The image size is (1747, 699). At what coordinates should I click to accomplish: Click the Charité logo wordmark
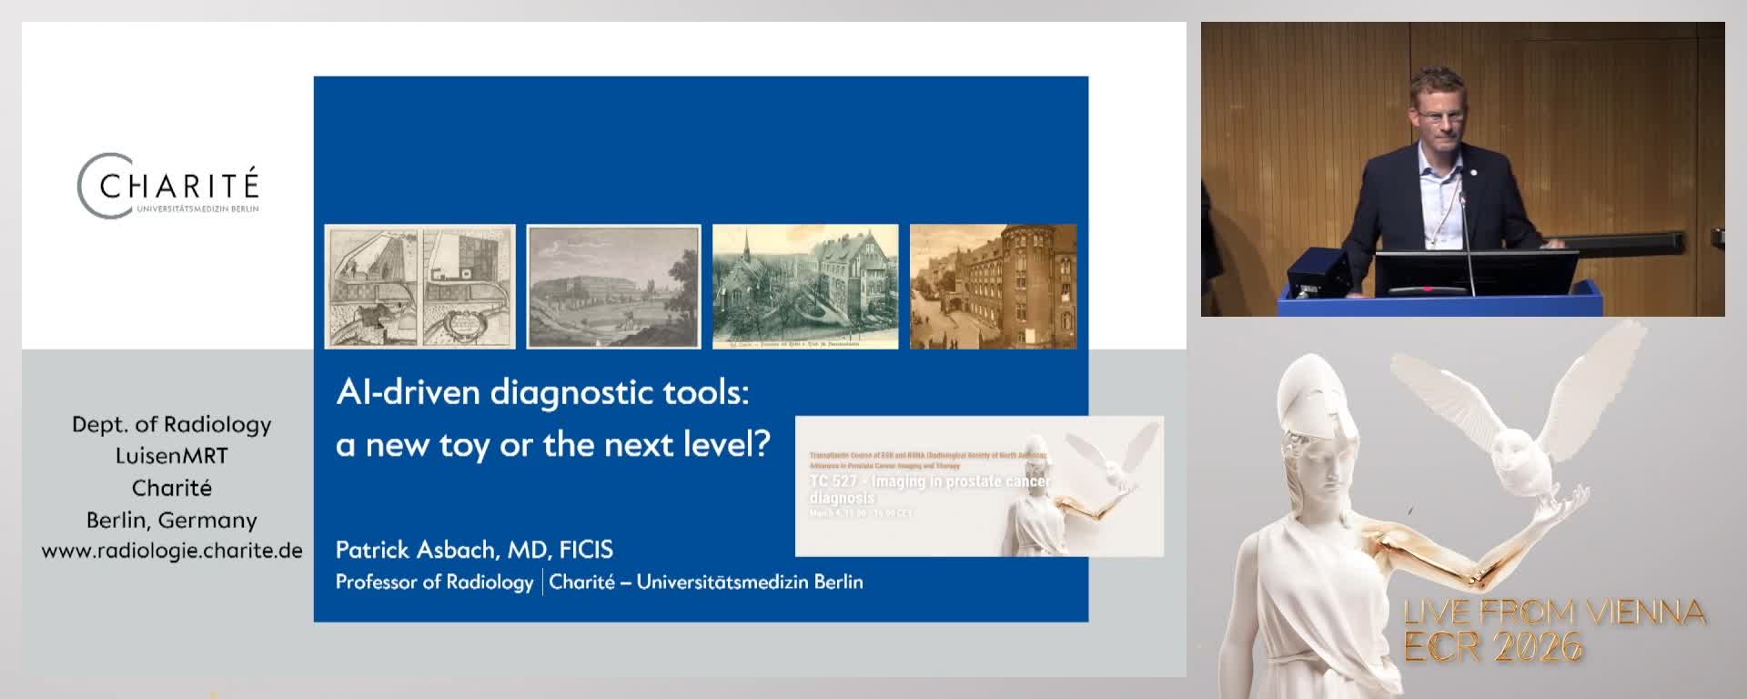coord(178,187)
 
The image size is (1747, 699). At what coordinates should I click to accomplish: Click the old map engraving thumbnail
coord(419,287)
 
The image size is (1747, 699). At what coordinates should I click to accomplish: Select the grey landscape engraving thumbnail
coord(614,287)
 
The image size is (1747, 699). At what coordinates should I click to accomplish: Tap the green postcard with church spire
coord(805,287)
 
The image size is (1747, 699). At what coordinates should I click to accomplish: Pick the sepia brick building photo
coord(994,287)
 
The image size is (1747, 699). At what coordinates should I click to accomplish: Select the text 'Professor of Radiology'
coord(434,582)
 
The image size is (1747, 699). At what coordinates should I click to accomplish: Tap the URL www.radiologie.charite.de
coord(172,551)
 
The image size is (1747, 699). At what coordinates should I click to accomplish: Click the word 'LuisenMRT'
coord(172,456)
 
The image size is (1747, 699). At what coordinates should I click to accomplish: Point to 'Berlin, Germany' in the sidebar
coord(172,520)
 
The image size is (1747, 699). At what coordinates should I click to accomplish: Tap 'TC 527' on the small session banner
coord(833,481)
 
